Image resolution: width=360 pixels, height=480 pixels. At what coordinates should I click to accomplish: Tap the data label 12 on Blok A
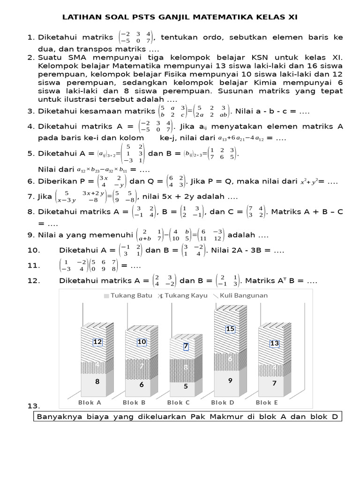(x=97, y=342)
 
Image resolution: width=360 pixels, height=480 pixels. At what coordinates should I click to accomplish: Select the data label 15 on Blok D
(x=230, y=329)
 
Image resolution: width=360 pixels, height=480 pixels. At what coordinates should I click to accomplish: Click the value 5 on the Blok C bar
(x=186, y=386)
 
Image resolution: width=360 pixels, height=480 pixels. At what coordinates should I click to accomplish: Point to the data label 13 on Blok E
(x=274, y=344)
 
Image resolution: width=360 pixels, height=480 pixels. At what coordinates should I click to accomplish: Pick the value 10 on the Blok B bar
(x=142, y=342)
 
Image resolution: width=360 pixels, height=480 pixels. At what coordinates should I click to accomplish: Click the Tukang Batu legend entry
(x=127, y=295)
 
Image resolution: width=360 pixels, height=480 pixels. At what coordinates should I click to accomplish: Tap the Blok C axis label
(x=178, y=402)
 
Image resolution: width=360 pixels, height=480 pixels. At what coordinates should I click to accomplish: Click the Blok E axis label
(x=267, y=402)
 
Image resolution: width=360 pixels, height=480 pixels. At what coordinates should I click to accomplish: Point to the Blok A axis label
(x=89, y=402)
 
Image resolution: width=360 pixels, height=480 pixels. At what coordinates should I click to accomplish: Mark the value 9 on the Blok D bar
(x=231, y=381)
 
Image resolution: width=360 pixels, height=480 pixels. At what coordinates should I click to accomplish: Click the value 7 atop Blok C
(x=186, y=346)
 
